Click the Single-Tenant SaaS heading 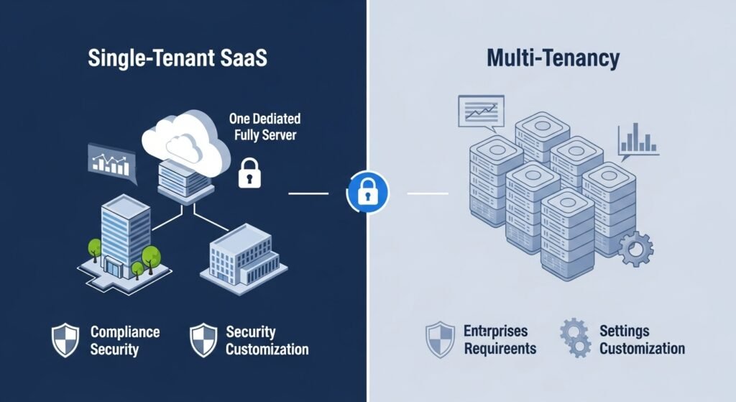click(x=177, y=58)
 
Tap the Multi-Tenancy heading click(x=552, y=58)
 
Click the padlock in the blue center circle click(x=367, y=191)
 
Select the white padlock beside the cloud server click(x=249, y=173)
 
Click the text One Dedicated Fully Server click(x=264, y=127)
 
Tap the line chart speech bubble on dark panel click(x=111, y=160)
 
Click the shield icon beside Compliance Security click(x=65, y=340)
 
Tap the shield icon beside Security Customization click(x=203, y=340)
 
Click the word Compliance click(x=125, y=332)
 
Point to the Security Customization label click(x=267, y=341)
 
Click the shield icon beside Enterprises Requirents click(x=440, y=339)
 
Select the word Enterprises click(x=496, y=332)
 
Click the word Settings click(x=624, y=332)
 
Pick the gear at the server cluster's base click(x=635, y=250)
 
